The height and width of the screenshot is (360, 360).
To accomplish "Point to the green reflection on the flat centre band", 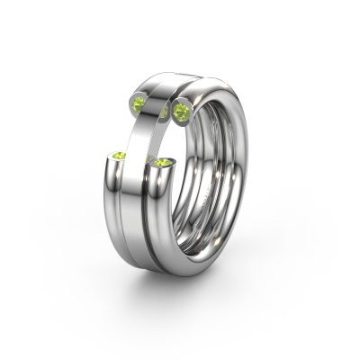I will pyautogui.click(x=163, y=113).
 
